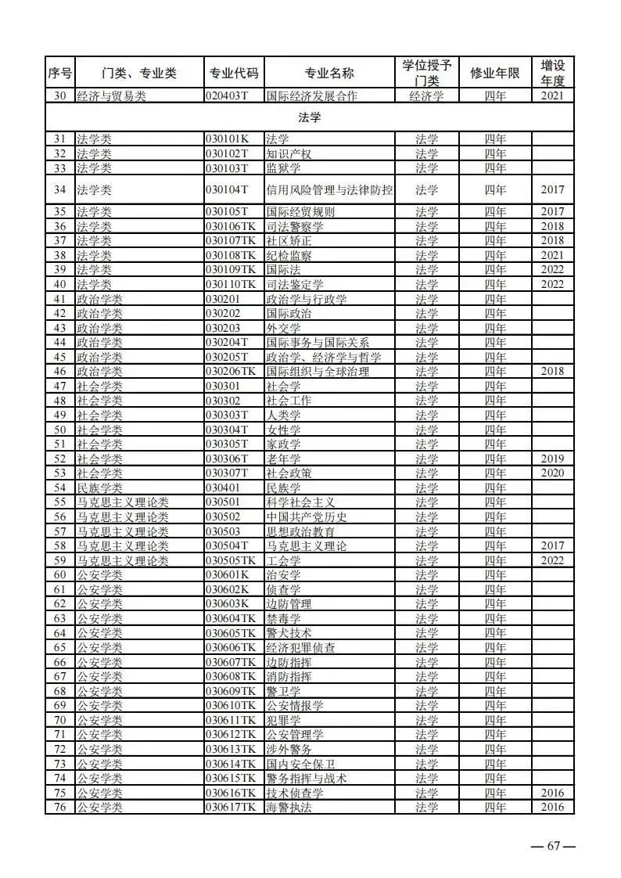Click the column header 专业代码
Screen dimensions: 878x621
pyautogui.click(x=233, y=74)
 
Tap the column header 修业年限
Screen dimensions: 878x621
pyautogui.click(x=494, y=74)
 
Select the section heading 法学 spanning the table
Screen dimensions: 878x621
pyautogui.click(x=310, y=117)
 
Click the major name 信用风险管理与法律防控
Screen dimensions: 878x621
pyautogui.click(x=329, y=189)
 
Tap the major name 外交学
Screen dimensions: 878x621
pyautogui.click(x=283, y=328)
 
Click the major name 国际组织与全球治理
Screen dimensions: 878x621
pyautogui.click(x=318, y=372)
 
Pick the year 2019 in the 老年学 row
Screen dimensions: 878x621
pyautogui.click(x=552, y=459)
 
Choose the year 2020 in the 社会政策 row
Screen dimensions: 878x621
pyautogui.click(x=552, y=473)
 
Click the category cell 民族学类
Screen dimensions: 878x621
pyautogui.click(x=94, y=488)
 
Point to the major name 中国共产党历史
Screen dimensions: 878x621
pyautogui.click(x=306, y=516)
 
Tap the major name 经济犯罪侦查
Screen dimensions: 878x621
pyautogui.click(x=300, y=647)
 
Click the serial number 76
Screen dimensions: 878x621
pyautogui.click(x=59, y=807)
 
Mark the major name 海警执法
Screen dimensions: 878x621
pyautogui.click(x=289, y=807)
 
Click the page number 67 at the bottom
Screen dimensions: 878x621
pyautogui.click(x=554, y=846)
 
